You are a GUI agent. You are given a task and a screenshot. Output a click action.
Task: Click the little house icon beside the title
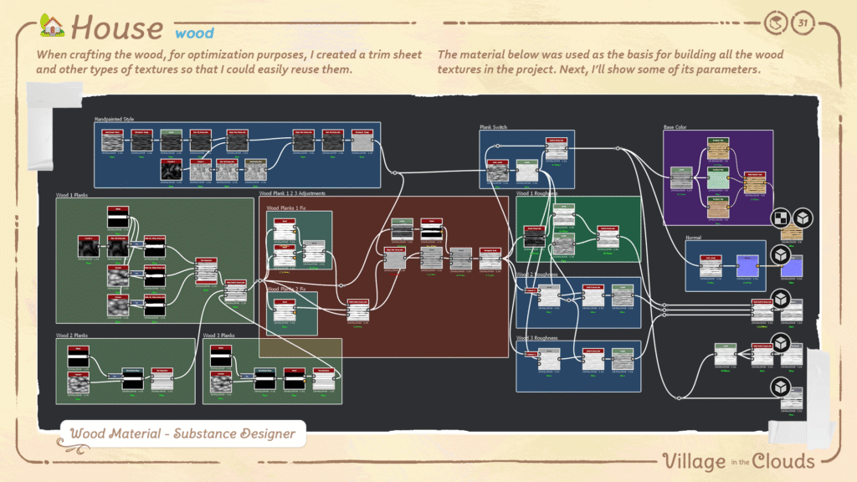[52, 26]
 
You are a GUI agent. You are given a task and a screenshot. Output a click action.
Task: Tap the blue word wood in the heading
[194, 33]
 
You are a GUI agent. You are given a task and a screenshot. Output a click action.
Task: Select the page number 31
[804, 22]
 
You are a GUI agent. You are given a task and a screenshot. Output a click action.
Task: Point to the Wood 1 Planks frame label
[72, 195]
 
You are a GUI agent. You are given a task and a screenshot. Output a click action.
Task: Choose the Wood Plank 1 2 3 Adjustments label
[292, 193]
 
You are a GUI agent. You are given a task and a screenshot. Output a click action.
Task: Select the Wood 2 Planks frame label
[72, 335]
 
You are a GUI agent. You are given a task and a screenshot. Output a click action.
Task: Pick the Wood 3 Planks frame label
[218, 335]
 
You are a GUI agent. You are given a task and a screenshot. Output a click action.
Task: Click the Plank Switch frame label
[494, 127]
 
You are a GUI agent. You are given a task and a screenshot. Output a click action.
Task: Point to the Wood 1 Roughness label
[536, 193]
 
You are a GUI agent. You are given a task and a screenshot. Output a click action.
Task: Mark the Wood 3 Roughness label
[536, 338]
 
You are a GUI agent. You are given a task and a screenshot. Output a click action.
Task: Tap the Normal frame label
[694, 238]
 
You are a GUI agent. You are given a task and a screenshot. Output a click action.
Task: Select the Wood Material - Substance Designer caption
[183, 433]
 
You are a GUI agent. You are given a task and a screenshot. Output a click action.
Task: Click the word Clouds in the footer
[783, 461]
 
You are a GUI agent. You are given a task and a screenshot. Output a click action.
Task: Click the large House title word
[117, 28]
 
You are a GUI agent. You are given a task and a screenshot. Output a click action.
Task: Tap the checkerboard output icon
[781, 218]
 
